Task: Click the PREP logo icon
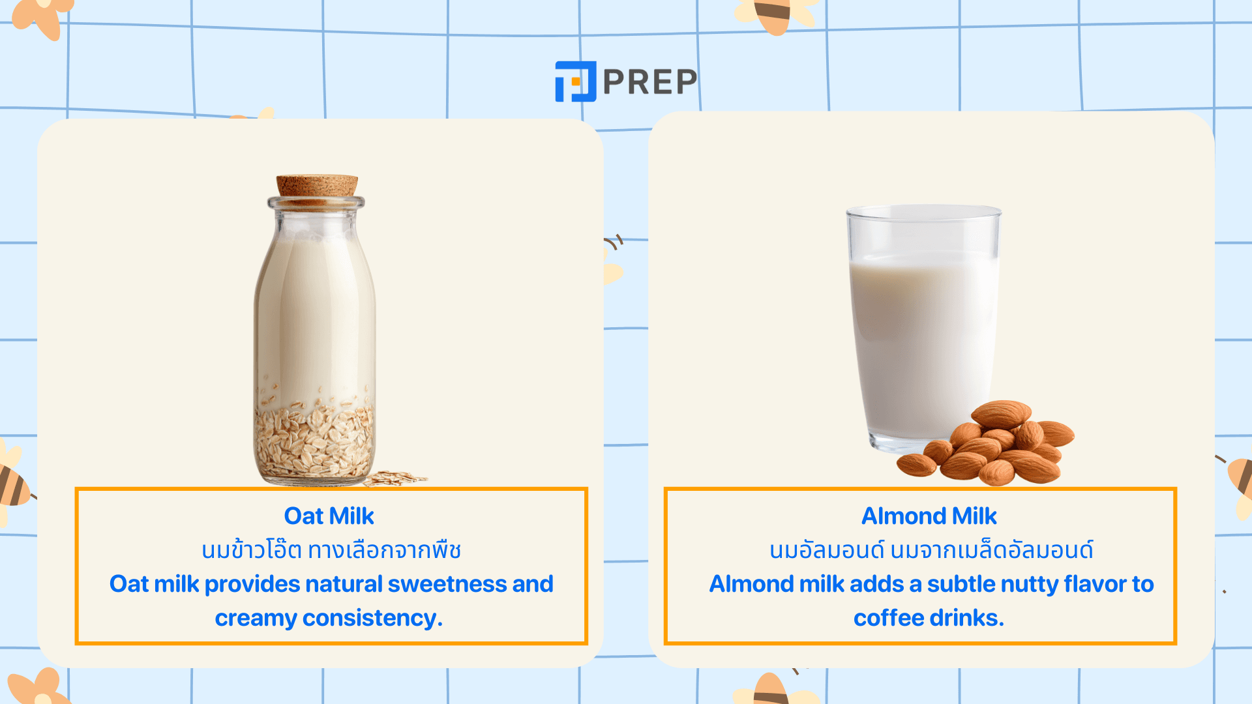point(575,81)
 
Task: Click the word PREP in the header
point(650,82)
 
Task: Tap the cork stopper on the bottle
point(317,186)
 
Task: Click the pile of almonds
point(986,443)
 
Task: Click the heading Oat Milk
point(329,516)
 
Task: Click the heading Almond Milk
point(929,516)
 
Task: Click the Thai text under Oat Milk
point(331,550)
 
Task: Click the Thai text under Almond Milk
point(931,550)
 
